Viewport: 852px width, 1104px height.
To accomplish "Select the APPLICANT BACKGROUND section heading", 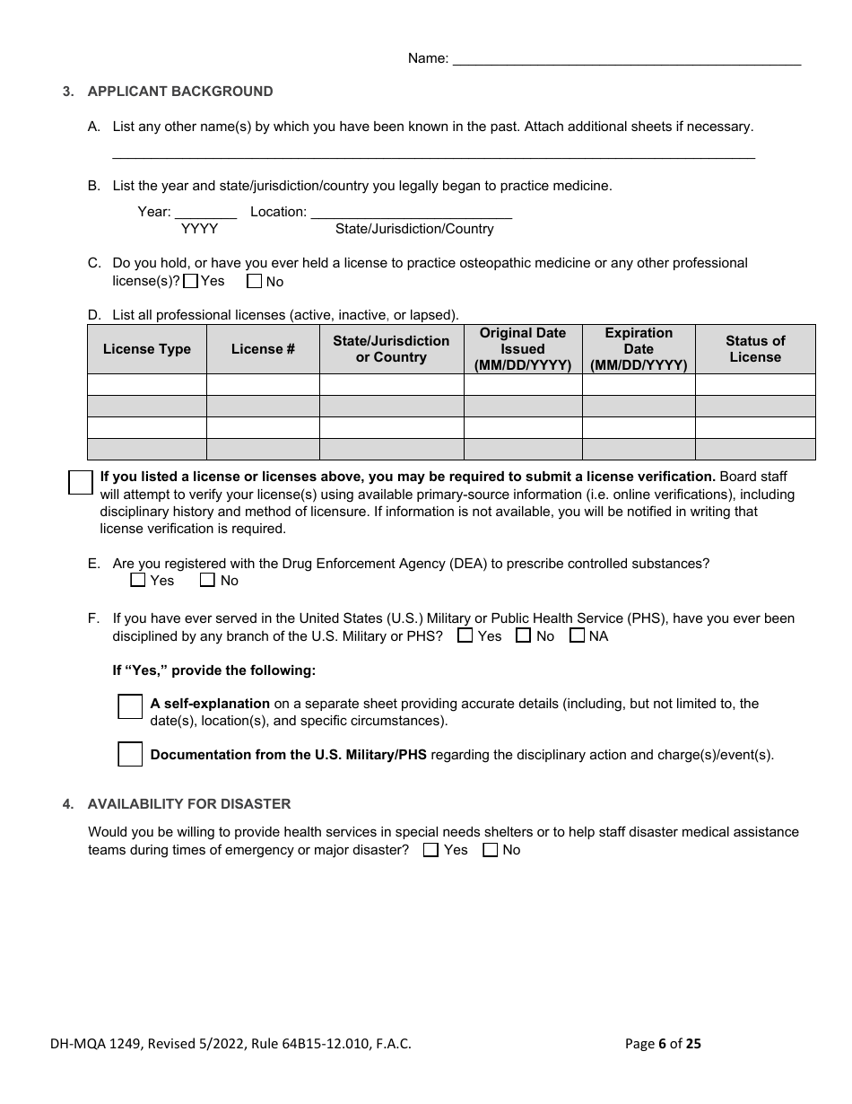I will pyautogui.click(x=180, y=92).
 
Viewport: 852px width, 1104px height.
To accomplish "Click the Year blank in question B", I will pyautogui.click(x=205, y=213).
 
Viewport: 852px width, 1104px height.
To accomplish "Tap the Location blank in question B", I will pyautogui.click(x=411, y=213).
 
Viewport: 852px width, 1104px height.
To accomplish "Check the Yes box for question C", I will pyautogui.click(x=190, y=281).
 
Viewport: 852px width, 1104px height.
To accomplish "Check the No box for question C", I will pyautogui.click(x=255, y=281).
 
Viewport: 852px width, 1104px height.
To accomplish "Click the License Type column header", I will pyautogui.click(x=147, y=349).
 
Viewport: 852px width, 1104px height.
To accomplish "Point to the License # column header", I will pyautogui.click(x=263, y=349).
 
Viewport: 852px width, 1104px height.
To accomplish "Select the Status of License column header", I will pyautogui.click(x=755, y=349).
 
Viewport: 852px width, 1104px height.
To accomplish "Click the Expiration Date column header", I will pyautogui.click(x=639, y=349).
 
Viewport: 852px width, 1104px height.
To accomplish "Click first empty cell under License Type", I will pyautogui.click(x=147, y=385).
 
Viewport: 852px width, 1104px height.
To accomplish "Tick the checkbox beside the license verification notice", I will pyautogui.click(x=81, y=482).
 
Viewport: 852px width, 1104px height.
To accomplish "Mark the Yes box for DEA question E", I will pyautogui.click(x=138, y=581).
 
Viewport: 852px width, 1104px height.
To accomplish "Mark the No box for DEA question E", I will pyautogui.click(x=207, y=581).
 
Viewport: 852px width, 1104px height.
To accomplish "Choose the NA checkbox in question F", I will pyautogui.click(x=578, y=636).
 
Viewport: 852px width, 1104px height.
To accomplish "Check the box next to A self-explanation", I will pyautogui.click(x=130, y=706).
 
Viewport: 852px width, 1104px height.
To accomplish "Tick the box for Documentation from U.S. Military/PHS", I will pyautogui.click(x=130, y=754).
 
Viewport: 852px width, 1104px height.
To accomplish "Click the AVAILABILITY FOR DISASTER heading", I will pyautogui.click(x=189, y=804).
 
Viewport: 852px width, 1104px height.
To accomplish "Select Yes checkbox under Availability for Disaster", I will pyautogui.click(x=430, y=850).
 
